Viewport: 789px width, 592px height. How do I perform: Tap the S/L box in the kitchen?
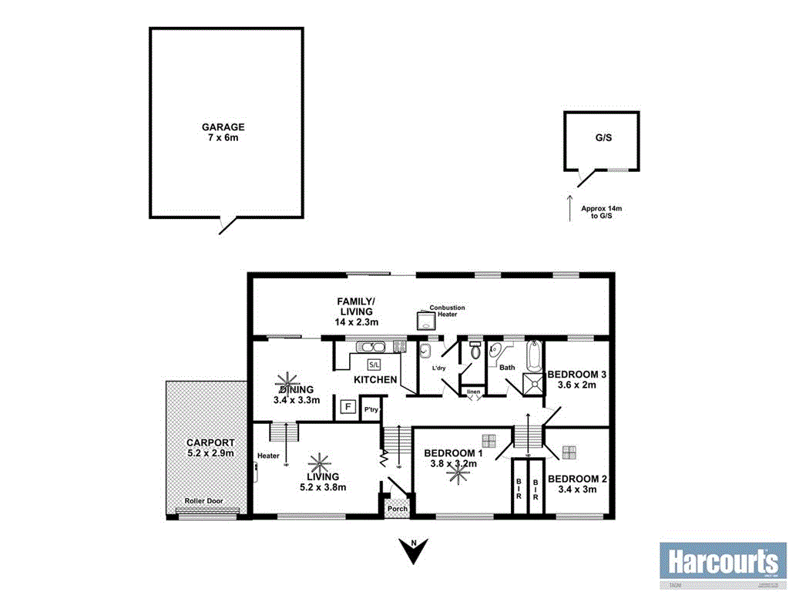click(374, 364)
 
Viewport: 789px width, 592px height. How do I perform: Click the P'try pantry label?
click(371, 409)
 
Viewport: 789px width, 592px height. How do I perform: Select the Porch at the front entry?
click(398, 508)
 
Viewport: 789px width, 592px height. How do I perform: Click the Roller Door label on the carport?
click(204, 501)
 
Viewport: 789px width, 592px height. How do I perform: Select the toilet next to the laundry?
click(475, 351)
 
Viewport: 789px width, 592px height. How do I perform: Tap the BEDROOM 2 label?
click(577, 479)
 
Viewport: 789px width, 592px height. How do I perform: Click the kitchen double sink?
click(370, 348)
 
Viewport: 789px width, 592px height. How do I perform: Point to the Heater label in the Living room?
click(269, 455)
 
